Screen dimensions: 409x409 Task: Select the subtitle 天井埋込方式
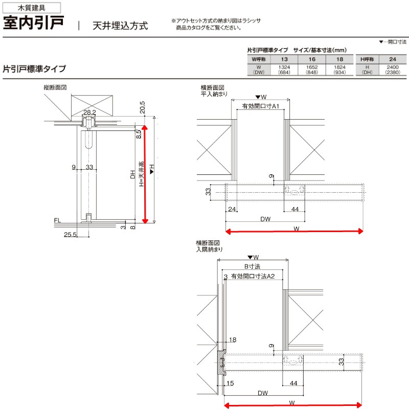(x=120, y=25)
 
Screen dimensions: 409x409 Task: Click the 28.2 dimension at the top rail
(x=89, y=112)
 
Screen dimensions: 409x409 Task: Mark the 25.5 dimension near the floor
(x=71, y=235)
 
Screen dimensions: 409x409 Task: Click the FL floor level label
(x=57, y=220)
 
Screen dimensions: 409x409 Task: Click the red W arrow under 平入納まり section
(x=294, y=232)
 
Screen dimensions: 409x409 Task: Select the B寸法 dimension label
(x=252, y=266)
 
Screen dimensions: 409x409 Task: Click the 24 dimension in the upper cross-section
(x=231, y=209)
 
